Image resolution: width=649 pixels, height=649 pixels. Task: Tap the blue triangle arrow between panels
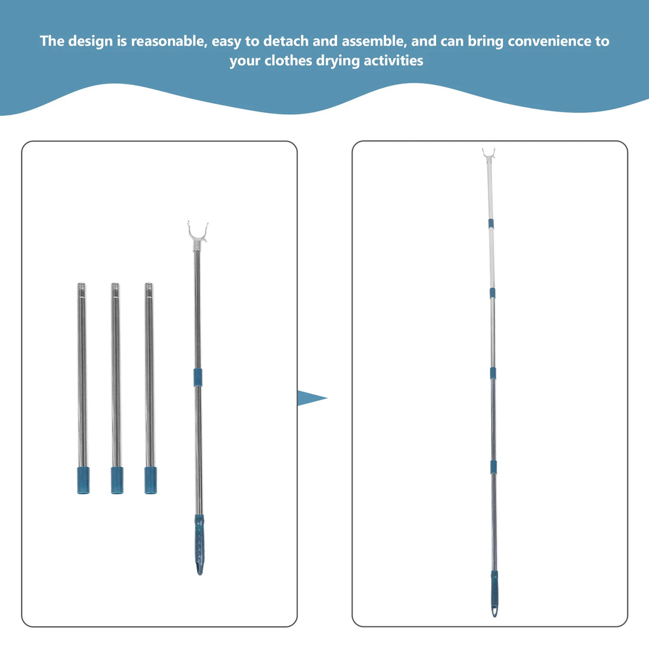(311, 399)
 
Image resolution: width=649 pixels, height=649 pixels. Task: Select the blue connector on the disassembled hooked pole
(198, 376)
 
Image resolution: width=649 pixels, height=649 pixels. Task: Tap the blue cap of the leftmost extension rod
(84, 480)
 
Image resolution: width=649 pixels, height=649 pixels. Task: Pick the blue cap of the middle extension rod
(117, 480)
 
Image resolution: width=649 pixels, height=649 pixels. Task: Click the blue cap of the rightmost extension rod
(150, 480)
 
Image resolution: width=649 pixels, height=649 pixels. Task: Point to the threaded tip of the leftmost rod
(82, 288)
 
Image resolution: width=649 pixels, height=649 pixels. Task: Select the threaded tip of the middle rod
(115, 288)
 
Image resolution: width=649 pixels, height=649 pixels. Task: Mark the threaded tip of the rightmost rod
(148, 288)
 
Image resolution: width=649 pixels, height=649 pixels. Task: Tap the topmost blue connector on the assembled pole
(490, 224)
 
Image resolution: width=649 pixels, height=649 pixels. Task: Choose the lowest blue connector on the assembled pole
(492, 466)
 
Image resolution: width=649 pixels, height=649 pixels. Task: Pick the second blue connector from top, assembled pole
(491, 293)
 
